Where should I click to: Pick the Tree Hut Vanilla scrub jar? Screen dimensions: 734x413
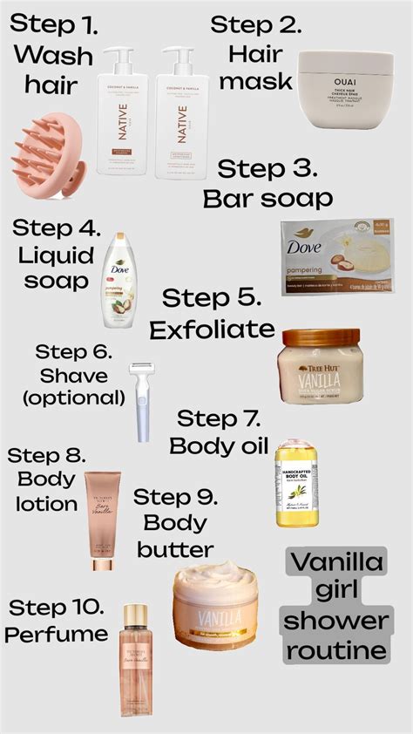pos(319,366)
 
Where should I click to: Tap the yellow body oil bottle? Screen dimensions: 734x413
pos(295,484)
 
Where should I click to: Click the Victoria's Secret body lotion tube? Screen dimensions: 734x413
pos(101,520)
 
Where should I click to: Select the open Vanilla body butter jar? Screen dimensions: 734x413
pos(214,602)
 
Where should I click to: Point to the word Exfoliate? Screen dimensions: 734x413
pos(212,329)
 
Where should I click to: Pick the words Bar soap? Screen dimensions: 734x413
pos(268,198)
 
